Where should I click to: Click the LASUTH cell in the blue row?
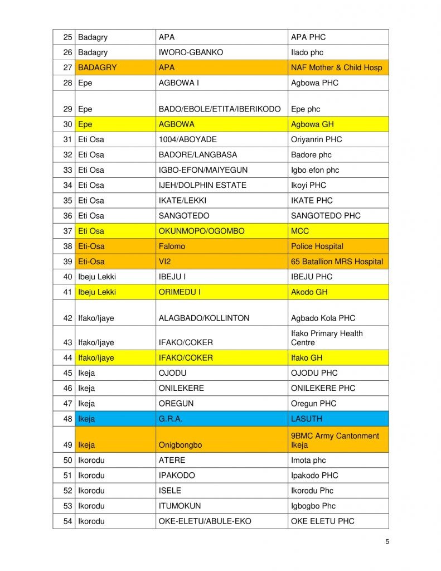tap(307, 419)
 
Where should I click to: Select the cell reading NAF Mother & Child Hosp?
tap(336, 67)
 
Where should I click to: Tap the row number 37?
tap(67, 231)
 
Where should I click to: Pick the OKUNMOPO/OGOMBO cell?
tap(201, 231)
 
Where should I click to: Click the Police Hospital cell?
tap(317, 246)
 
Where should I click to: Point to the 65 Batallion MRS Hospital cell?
tap(337, 262)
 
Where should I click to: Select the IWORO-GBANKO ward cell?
tap(191, 52)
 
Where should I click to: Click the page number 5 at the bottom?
tap(387, 541)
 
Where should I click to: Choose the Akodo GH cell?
tap(309, 292)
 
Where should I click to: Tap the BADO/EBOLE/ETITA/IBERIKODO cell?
tap(220, 109)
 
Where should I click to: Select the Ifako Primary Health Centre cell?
tap(327, 338)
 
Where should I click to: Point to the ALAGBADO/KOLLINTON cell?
tap(204, 318)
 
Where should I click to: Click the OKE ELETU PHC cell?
tap(322, 521)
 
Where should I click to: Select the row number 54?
tap(67, 521)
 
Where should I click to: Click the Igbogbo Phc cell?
tap(313, 506)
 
